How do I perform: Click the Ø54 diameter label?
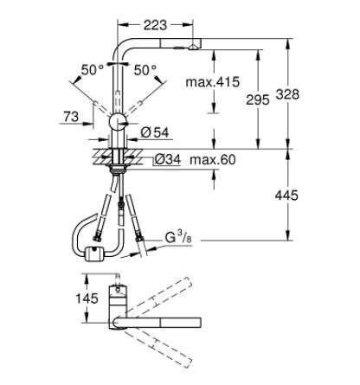pyautogui.click(x=155, y=132)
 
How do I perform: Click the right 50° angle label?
pyautogui.click(x=146, y=68)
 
